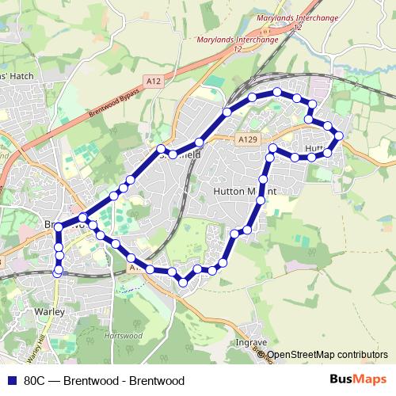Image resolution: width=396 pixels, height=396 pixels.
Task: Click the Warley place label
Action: tap(49, 312)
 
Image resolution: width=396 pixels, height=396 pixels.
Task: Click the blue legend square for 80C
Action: tap(10, 380)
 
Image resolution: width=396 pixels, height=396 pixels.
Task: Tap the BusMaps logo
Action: tap(359, 379)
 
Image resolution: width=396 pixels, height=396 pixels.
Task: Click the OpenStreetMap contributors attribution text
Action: tap(327, 355)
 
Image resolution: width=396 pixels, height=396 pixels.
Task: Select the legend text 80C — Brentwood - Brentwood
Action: tap(104, 380)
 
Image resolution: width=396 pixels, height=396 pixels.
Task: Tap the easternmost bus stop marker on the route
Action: tap(339, 135)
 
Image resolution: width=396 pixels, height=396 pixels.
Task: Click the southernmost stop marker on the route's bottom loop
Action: tap(183, 281)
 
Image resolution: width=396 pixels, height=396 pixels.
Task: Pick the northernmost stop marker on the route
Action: tap(277, 93)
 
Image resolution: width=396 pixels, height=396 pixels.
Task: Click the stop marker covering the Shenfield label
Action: tap(172, 154)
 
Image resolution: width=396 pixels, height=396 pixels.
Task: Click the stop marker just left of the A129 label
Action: tap(199, 143)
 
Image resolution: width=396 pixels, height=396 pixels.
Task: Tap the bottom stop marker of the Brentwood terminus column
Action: tap(58, 272)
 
